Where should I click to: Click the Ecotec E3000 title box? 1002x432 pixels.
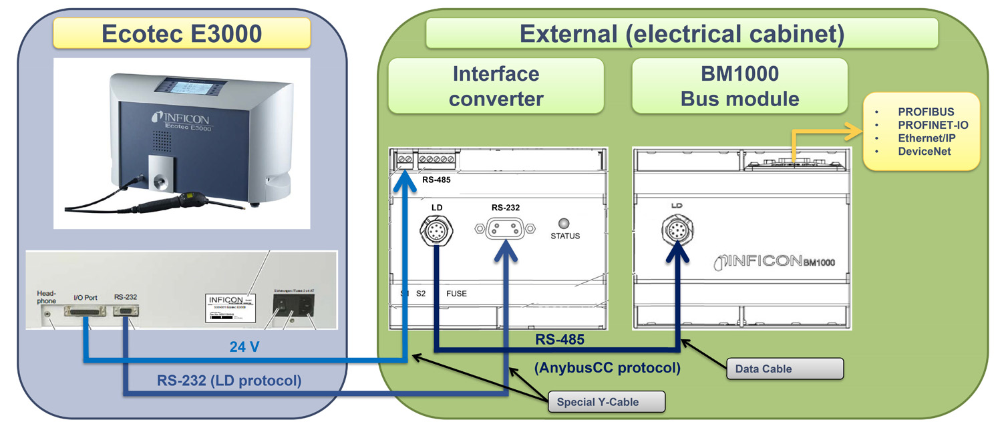pos(181,33)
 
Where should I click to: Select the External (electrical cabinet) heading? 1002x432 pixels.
pos(681,33)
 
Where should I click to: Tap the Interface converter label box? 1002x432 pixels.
pos(496,85)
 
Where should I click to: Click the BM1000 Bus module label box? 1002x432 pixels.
pos(739,85)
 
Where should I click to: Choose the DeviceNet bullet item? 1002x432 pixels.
pos(925,152)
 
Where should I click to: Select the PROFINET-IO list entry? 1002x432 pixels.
pos(933,125)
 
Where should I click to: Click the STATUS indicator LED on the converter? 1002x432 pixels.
pos(564,223)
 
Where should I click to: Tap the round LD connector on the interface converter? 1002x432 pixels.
pos(436,232)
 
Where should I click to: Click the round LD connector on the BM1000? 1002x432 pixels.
pos(679,231)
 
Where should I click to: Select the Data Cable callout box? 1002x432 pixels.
pos(785,369)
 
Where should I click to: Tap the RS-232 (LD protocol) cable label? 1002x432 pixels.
pos(229,381)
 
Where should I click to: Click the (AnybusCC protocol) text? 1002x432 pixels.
pos(608,367)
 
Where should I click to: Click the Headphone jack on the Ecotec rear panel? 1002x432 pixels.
pos(47,310)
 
